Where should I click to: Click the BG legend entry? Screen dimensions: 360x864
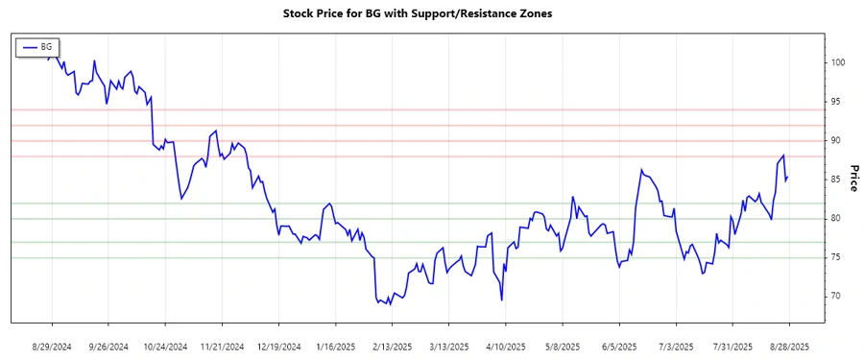click(x=37, y=46)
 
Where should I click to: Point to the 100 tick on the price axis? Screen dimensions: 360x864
click(x=839, y=62)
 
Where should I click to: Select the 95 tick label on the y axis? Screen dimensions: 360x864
click(x=838, y=102)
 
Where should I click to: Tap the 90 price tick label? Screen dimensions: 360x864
click(x=838, y=140)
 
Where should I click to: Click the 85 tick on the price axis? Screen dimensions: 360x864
click(x=838, y=180)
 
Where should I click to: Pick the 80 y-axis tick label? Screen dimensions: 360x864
click(x=838, y=219)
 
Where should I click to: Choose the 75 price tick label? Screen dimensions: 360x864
click(x=838, y=257)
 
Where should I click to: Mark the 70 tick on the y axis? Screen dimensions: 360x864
click(x=838, y=297)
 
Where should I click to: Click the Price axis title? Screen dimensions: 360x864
click(x=853, y=178)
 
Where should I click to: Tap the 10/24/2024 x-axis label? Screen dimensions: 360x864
click(x=165, y=346)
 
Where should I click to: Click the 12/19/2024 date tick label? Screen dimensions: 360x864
click(x=278, y=346)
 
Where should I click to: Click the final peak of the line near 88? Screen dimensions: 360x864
click(x=784, y=156)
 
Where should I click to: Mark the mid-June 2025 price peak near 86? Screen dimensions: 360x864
click(x=640, y=170)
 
